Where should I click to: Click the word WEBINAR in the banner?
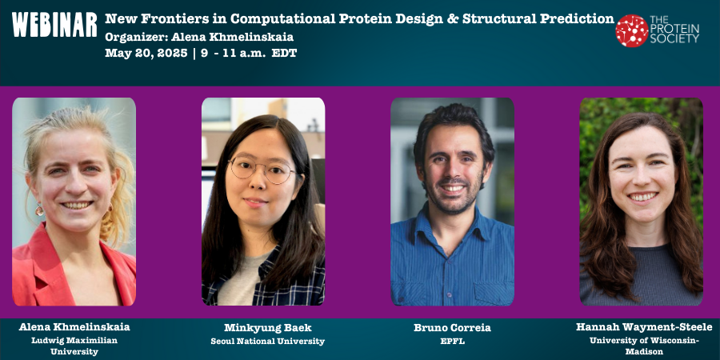[54, 26]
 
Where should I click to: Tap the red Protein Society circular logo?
[631, 30]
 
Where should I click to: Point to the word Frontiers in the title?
[170, 18]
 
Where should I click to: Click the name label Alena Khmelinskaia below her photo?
[74, 327]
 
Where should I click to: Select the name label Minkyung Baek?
[263, 328]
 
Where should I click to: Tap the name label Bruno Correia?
[452, 328]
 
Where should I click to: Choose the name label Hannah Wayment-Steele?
[643, 327]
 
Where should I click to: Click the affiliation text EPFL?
[452, 341]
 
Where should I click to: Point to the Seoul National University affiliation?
[263, 341]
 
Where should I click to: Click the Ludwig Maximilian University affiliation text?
[74, 346]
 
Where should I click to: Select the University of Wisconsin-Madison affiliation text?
[643, 346]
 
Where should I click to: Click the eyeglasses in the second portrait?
[262, 170]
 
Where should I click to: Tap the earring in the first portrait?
[39, 210]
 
